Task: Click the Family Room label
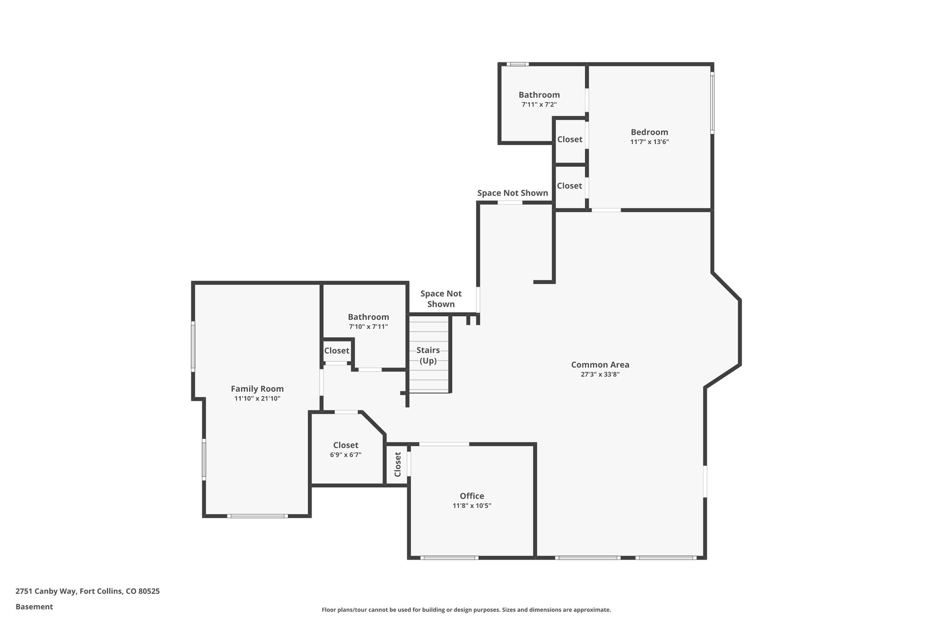click(x=257, y=389)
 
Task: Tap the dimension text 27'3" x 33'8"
click(x=600, y=375)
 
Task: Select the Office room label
click(x=472, y=496)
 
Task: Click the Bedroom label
click(x=649, y=132)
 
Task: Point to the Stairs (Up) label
click(x=428, y=355)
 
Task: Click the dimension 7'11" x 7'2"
click(x=539, y=105)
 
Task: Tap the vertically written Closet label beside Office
click(x=398, y=464)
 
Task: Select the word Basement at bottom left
click(x=34, y=607)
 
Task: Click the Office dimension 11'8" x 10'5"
click(x=472, y=506)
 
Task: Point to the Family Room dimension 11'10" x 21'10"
click(x=257, y=399)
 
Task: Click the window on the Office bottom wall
click(x=449, y=557)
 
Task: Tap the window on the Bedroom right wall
click(x=712, y=103)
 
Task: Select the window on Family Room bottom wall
click(x=257, y=516)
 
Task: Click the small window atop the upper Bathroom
click(x=518, y=64)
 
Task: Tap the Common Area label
click(x=600, y=365)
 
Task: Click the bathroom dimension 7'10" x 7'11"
click(x=368, y=327)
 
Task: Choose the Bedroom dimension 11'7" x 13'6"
click(x=649, y=142)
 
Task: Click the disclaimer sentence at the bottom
click(x=466, y=610)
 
